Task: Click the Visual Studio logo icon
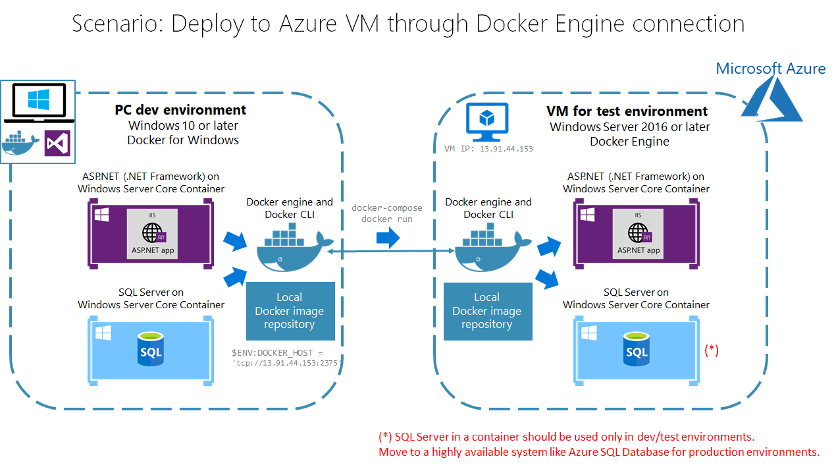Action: (x=57, y=143)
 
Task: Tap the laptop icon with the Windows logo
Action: (x=39, y=103)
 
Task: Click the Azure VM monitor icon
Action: (x=486, y=122)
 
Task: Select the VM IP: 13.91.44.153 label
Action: (x=488, y=149)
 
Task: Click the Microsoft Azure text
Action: (x=770, y=69)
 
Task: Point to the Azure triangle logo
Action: (x=771, y=99)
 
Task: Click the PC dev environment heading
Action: (x=180, y=110)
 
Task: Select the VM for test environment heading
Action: (x=627, y=111)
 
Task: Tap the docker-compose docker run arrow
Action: (x=388, y=237)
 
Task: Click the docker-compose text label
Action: (x=387, y=207)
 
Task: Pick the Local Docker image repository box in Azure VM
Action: (x=488, y=312)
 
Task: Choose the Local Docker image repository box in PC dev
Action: (x=290, y=311)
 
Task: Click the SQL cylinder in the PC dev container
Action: (x=150, y=349)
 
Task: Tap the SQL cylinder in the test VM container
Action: (x=637, y=349)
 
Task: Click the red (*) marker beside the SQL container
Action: (x=712, y=350)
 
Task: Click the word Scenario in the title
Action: (x=117, y=24)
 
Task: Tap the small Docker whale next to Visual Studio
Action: (x=21, y=143)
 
